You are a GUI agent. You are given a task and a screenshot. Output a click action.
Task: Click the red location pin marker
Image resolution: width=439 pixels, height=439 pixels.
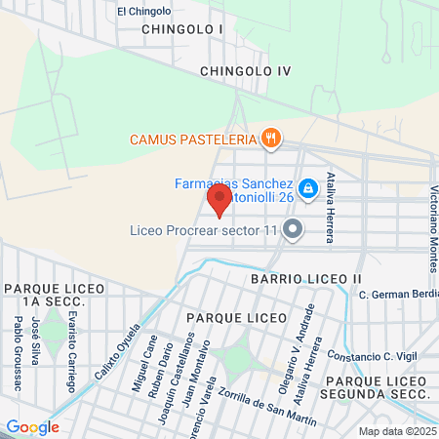(219, 200)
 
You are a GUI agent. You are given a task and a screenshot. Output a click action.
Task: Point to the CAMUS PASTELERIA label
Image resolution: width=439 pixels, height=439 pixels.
(194, 139)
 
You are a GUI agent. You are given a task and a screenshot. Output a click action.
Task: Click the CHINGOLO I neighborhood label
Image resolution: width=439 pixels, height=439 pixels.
(181, 29)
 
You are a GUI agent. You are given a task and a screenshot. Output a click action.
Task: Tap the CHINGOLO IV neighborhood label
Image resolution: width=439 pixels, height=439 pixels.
(245, 71)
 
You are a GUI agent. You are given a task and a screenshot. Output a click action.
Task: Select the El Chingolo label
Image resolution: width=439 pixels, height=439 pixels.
(143, 12)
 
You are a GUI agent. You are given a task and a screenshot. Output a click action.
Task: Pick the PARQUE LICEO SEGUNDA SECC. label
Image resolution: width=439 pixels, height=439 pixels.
(378, 386)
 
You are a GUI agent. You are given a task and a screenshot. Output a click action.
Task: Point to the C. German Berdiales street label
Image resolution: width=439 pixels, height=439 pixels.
(398, 295)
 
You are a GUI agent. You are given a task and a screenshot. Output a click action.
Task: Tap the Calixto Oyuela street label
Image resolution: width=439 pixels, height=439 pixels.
(111, 359)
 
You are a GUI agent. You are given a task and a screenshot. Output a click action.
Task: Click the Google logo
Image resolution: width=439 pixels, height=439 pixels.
(32, 426)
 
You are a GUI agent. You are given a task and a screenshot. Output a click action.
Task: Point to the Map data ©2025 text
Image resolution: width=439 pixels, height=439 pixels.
(396, 430)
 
